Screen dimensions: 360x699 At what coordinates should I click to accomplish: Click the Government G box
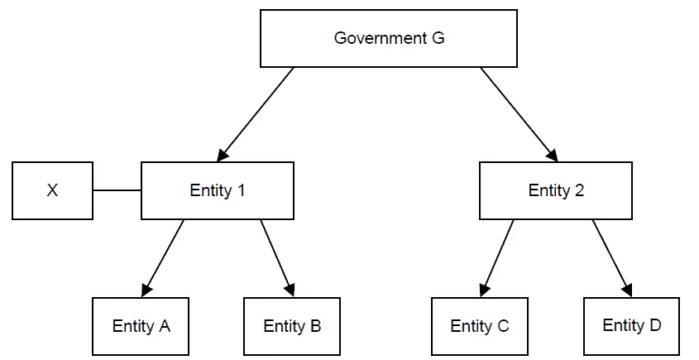coord(390,39)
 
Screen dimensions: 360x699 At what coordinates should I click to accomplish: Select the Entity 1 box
coord(218,190)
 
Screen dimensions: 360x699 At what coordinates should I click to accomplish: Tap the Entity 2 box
coord(556,190)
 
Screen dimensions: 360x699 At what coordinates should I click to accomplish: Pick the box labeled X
coord(52,190)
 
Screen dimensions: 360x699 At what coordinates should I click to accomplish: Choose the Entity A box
coord(141,326)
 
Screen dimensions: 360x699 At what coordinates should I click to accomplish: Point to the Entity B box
coord(292,326)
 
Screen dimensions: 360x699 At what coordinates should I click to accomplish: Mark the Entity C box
coord(480,326)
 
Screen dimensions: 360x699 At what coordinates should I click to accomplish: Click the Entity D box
coord(631,325)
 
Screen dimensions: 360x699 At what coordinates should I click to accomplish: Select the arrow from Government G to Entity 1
coord(256,113)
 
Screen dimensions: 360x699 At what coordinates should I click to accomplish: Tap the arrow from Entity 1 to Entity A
coord(163,257)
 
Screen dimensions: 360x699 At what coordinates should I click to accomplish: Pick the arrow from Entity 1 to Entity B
coord(277,257)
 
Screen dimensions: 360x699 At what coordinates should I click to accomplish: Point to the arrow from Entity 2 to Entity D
coord(612,257)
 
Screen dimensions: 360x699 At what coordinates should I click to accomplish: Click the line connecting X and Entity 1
coord(117,190)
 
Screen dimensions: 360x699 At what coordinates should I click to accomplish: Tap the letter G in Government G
coord(438,38)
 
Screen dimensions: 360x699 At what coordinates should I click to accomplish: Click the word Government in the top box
coord(380,38)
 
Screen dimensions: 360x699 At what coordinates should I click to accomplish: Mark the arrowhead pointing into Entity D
coord(628,290)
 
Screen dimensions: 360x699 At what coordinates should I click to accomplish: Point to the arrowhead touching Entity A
coord(147,289)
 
